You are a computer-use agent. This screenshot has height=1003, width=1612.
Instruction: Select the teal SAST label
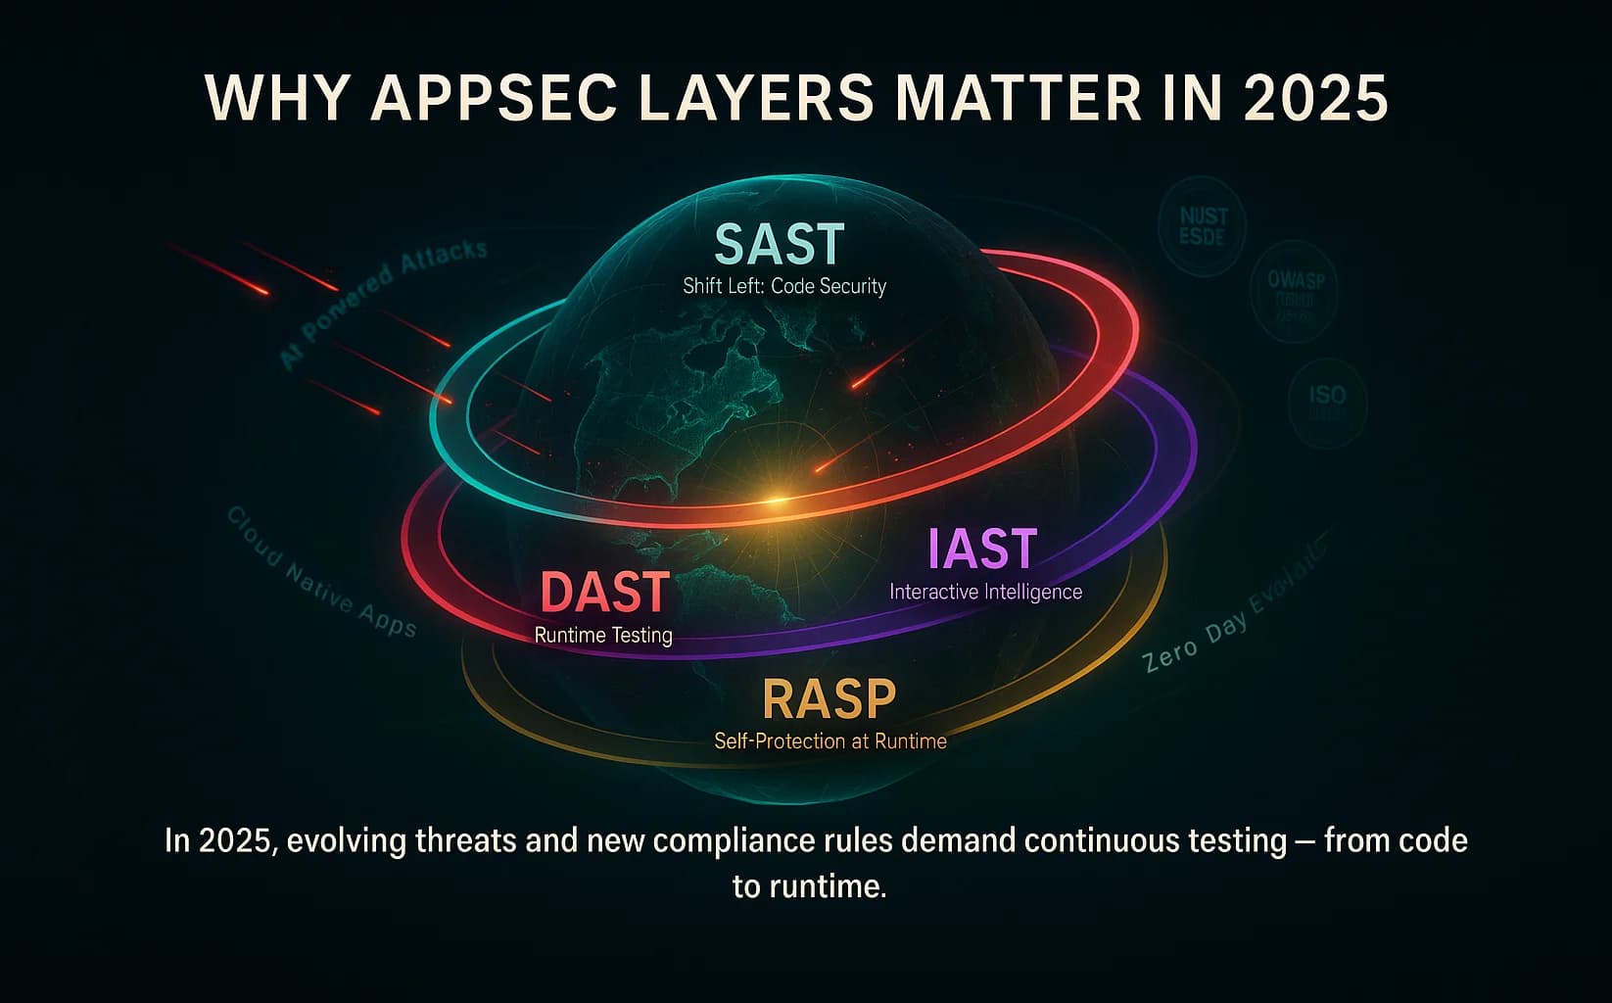coord(780,244)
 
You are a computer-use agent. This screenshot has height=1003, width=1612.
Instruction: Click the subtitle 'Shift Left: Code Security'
coord(784,286)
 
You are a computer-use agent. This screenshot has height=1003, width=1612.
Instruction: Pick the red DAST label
coord(604,593)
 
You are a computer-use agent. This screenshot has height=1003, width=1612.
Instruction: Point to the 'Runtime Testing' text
coord(603,635)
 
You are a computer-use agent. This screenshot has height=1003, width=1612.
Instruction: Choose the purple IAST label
coord(982,549)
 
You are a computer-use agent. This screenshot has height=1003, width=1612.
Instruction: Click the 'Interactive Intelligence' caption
coord(985,592)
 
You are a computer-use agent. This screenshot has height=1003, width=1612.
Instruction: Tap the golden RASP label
coord(829,698)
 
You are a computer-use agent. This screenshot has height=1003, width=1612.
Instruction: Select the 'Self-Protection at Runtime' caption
coord(830,740)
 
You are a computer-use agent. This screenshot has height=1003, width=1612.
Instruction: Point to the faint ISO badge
coord(1327,402)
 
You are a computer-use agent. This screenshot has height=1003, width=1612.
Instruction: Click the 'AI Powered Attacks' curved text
coord(383,303)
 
